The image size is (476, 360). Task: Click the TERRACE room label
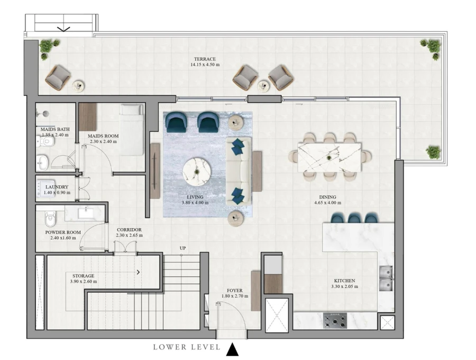click(204, 59)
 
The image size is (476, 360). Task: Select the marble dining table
click(329, 156)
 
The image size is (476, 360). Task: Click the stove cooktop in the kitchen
click(335, 320)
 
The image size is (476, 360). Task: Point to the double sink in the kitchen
click(386, 279)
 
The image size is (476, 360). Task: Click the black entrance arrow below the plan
click(233, 349)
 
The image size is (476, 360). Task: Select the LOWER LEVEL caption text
click(187, 347)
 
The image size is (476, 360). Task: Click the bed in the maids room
click(131, 129)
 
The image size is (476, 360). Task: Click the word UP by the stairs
click(182, 248)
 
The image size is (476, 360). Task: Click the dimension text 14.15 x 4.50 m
click(205, 65)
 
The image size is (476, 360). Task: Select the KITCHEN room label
click(344, 281)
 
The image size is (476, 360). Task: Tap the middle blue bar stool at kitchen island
click(354, 218)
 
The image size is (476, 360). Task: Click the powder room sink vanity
click(85, 213)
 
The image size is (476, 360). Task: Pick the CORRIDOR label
click(129, 229)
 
